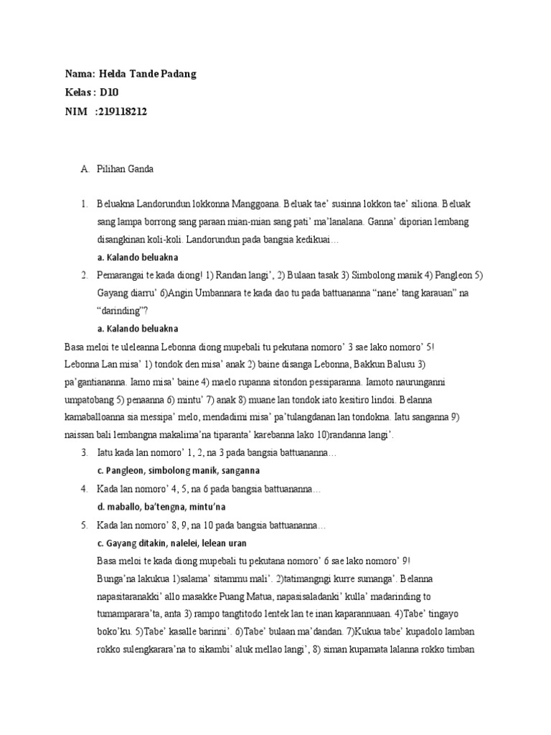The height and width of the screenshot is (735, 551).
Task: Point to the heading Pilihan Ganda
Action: (x=125, y=169)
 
